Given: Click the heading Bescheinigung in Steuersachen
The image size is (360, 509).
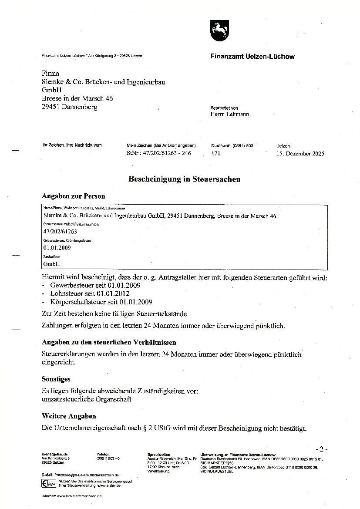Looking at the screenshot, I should pyautogui.click(x=184, y=179).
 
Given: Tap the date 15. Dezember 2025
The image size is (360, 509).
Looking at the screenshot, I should pyautogui.click(x=300, y=153).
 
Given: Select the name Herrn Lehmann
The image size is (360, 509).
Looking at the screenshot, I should pyautogui.click(x=230, y=115).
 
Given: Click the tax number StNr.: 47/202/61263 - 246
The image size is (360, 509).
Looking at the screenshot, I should pyautogui.click(x=158, y=153).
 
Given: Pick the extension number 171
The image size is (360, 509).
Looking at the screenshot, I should pyautogui.click(x=215, y=153).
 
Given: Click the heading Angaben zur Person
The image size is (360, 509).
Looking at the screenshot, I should pyautogui.click(x=73, y=196).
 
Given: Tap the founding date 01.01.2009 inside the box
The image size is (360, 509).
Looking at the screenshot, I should pyautogui.click(x=57, y=248).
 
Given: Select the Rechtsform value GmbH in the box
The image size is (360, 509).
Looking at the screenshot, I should pyautogui.click(x=51, y=264).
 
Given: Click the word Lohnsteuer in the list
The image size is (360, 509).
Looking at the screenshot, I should pyautogui.click(x=64, y=294).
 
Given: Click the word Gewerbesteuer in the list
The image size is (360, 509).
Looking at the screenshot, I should pyautogui.click(x=69, y=286).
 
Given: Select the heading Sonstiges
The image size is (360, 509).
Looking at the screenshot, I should pyautogui.click(x=56, y=379).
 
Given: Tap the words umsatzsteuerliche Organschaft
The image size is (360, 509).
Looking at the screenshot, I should pyautogui.click(x=86, y=399).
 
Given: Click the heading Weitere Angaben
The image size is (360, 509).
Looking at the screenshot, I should pyautogui.click(x=69, y=416).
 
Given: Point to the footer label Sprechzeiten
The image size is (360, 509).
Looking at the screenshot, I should pyautogui.click(x=158, y=455).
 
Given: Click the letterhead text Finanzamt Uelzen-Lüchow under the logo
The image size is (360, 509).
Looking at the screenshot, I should pyautogui.click(x=252, y=56).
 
